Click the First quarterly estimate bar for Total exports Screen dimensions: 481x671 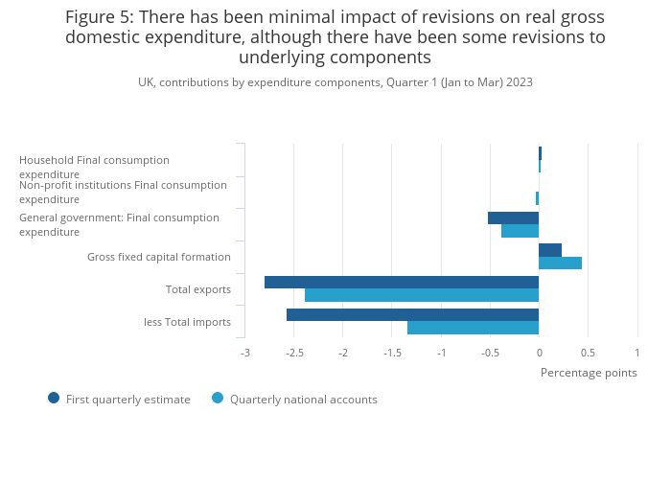[x=401, y=282]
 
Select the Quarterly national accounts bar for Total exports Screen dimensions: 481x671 [x=421, y=295]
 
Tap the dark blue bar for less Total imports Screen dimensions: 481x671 [x=412, y=314]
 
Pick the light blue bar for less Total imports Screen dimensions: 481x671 [x=473, y=328]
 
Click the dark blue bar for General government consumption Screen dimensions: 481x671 [x=513, y=218]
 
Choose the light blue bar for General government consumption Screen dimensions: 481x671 [x=520, y=231]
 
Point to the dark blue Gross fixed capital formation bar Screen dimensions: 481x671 [x=550, y=250]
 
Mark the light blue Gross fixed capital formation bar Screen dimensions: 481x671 [x=560, y=263]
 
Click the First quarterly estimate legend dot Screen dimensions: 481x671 [x=54, y=398]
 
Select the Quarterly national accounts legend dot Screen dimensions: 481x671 [x=218, y=398]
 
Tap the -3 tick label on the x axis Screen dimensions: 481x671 [x=244, y=353]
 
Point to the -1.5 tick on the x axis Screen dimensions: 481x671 [x=392, y=353]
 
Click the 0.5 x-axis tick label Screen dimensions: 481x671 [x=588, y=353]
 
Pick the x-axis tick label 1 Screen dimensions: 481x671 [x=636, y=353]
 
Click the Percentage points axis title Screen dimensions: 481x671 [x=589, y=373]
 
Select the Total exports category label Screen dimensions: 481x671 [x=198, y=289]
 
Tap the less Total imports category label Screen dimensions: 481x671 [x=187, y=322]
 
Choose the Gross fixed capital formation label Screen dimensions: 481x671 [x=159, y=257]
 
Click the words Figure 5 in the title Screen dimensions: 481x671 [x=99, y=17]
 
